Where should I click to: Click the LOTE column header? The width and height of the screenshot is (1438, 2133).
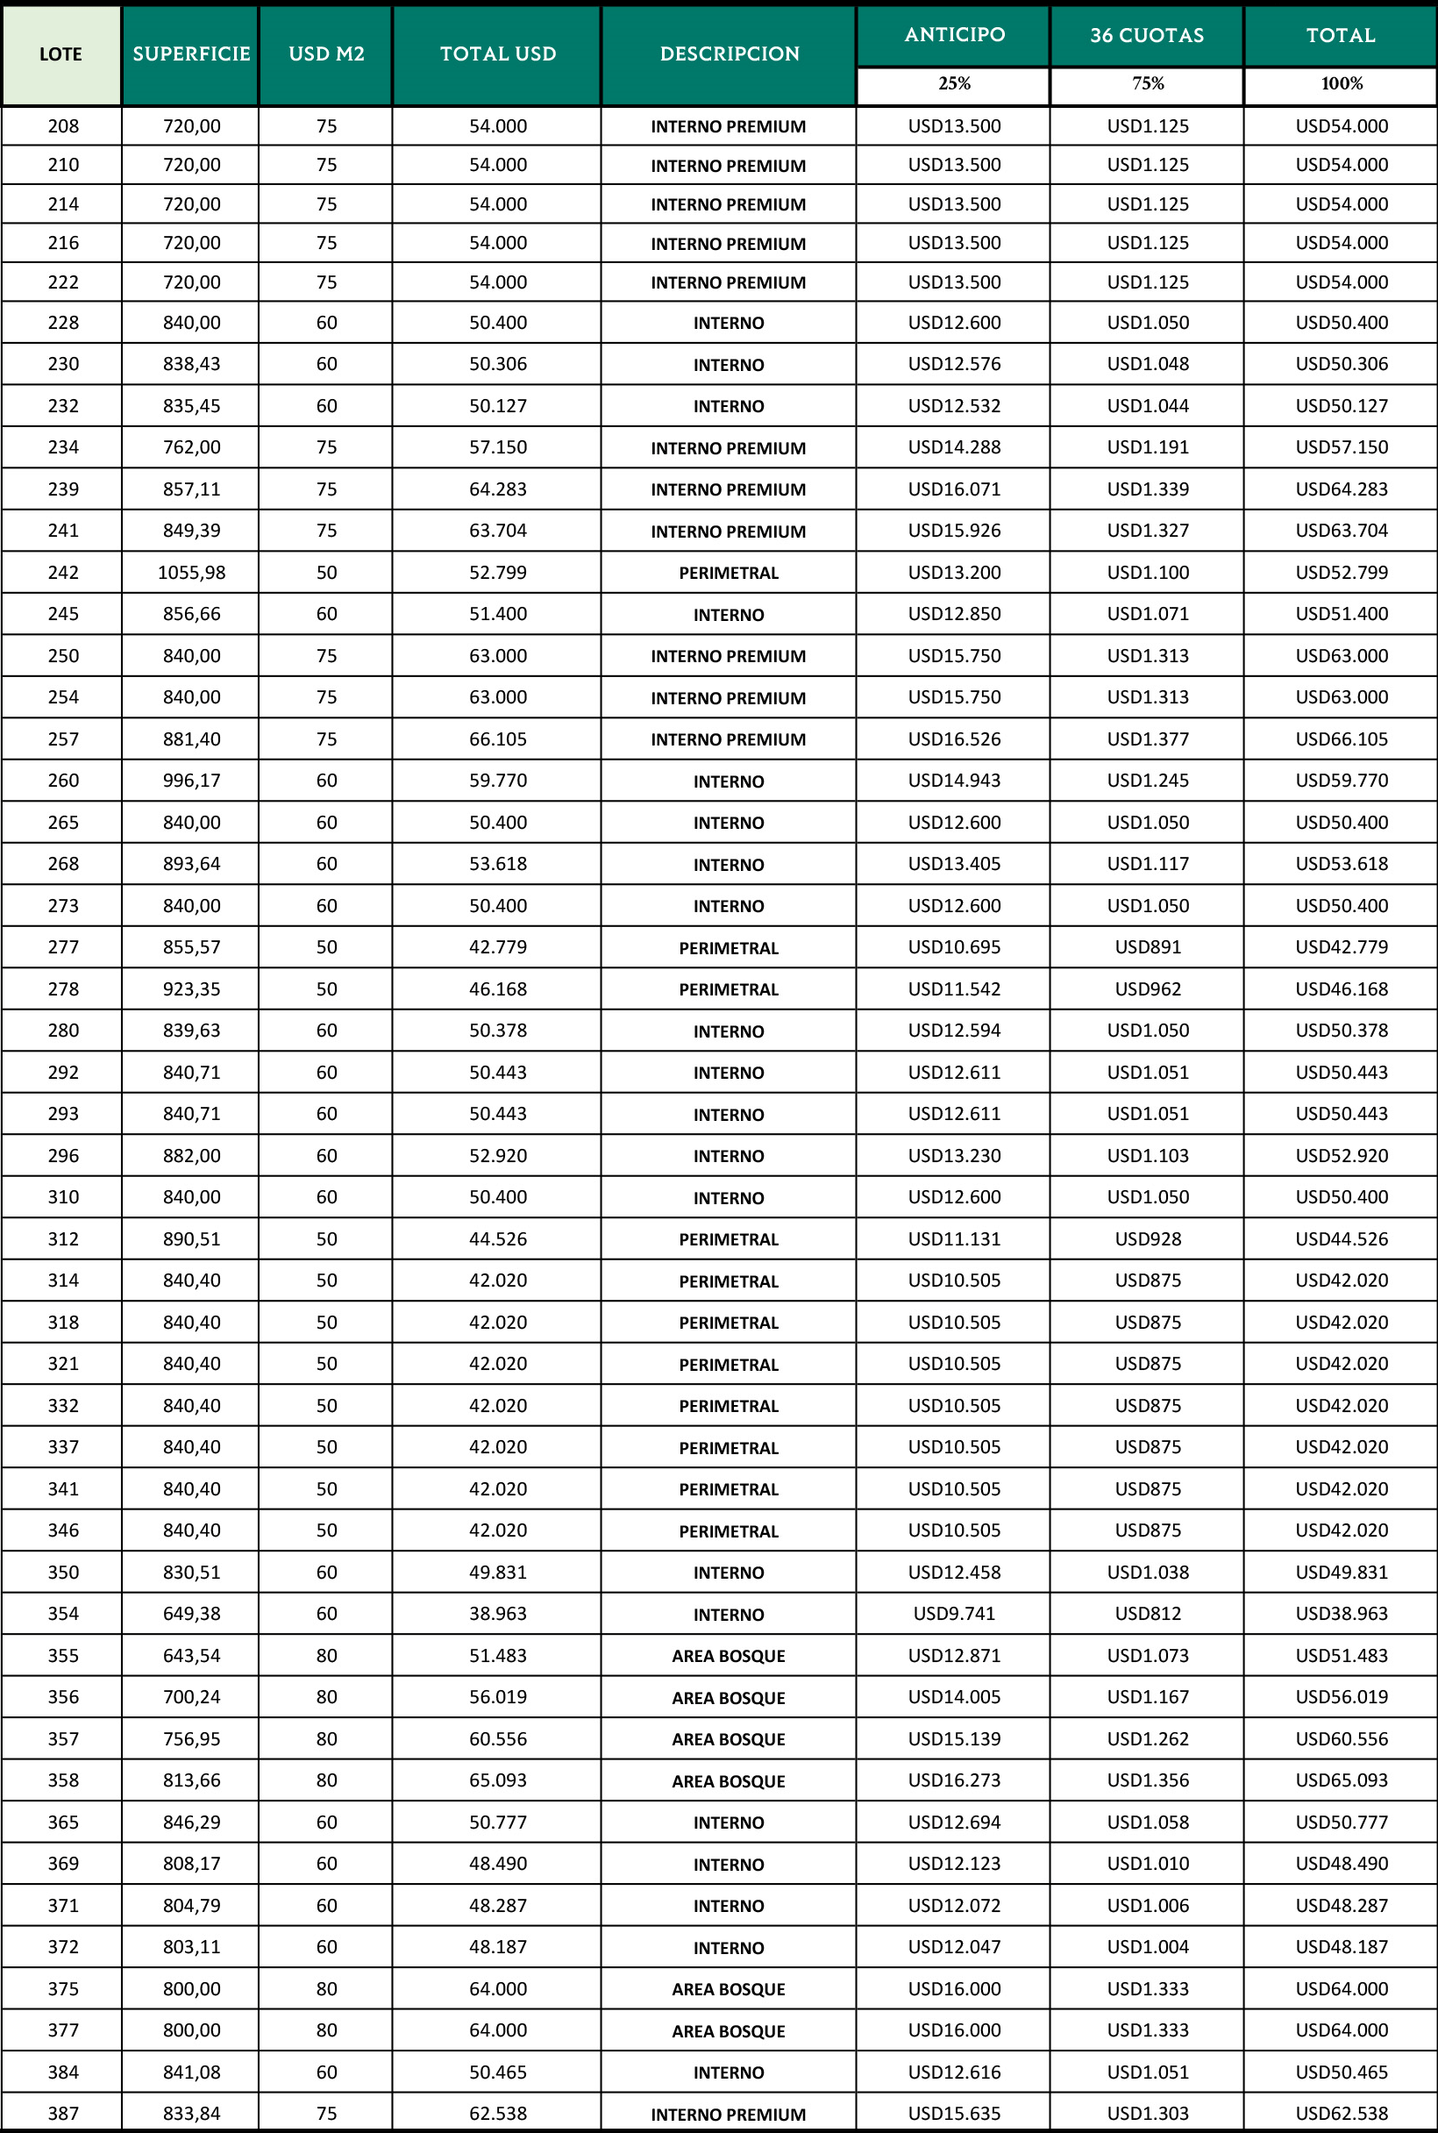point(61,54)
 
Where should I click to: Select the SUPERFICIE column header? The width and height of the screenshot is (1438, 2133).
point(191,54)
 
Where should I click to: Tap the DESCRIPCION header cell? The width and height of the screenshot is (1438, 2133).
point(730,54)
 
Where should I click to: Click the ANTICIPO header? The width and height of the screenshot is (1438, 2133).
point(954,35)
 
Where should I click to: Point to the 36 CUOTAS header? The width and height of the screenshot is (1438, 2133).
point(1146,35)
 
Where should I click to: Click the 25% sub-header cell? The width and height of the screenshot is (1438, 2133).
point(954,84)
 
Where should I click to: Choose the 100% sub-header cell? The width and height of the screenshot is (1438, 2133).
point(1341,84)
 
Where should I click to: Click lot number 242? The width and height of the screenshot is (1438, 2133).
point(63,573)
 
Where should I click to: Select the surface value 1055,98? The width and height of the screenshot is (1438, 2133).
point(191,573)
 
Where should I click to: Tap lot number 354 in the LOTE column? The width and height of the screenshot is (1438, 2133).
point(63,1614)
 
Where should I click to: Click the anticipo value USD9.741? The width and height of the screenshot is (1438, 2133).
point(954,1614)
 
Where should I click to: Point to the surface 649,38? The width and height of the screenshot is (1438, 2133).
point(191,1614)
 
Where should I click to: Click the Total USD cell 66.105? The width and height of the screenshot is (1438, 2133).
point(498,738)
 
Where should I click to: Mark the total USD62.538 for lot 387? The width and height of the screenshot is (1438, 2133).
point(1341,2114)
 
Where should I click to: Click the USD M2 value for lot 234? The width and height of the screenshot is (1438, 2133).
point(326,446)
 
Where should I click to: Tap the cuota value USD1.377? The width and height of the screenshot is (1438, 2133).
point(1147,738)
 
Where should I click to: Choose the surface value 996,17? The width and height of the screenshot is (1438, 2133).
point(191,781)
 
